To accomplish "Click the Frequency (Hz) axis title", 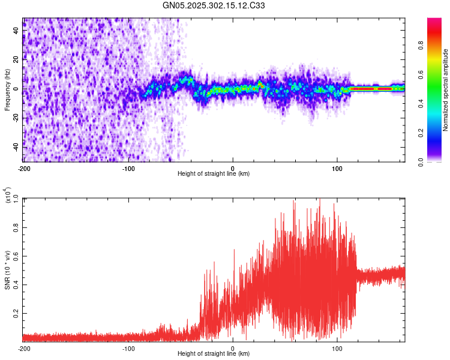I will pos(7,89).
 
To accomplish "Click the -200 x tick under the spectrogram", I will pos(23,167).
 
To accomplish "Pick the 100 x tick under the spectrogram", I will pos(337,167).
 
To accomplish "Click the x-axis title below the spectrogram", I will pos(214,174).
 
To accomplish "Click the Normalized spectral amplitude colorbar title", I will pos(445,90).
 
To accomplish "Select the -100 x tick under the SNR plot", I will pos(128,348).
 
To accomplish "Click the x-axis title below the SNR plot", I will pos(214,354).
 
